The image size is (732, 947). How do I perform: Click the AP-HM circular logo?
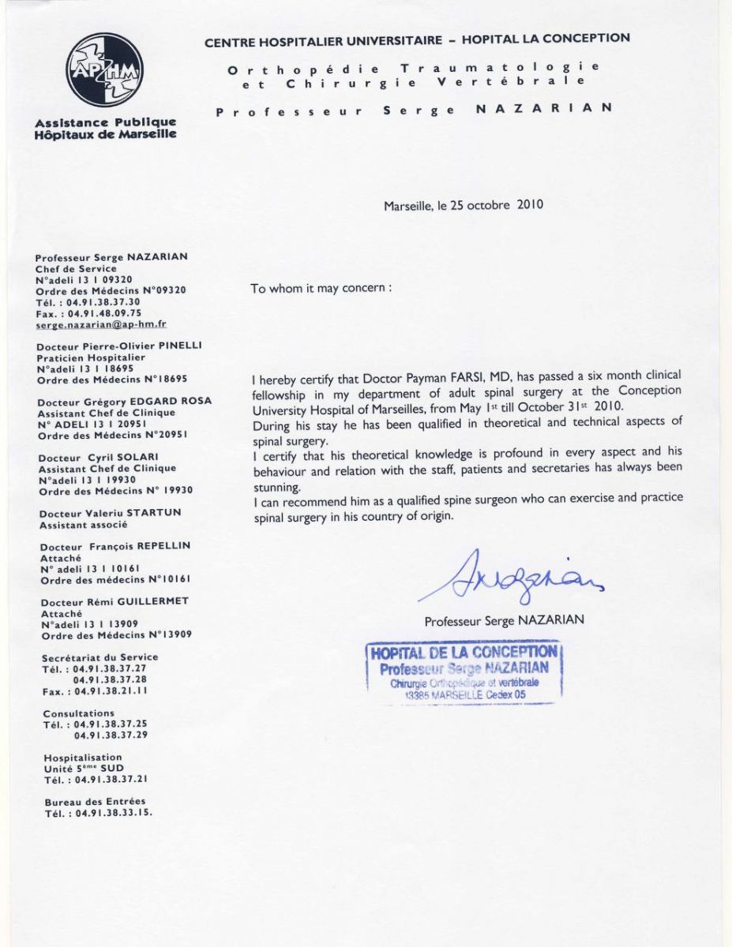click(x=104, y=69)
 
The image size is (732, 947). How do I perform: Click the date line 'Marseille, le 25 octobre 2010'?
click(x=464, y=205)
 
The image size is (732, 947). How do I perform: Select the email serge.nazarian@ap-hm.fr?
click(x=101, y=324)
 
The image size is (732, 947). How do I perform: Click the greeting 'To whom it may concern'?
click(x=321, y=288)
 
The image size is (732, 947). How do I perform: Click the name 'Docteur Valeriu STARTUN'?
click(x=111, y=513)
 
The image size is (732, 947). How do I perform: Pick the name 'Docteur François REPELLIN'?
click(x=115, y=546)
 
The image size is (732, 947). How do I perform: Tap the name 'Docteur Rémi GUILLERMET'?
click(x=116, y=601)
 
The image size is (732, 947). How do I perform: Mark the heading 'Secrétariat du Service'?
click(x=100, y=657)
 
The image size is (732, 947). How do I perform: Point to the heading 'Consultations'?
click(x=79, y=713)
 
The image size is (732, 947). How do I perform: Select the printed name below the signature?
click(x=505, y=620)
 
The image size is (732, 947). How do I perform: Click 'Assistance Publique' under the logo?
click(x=105, y=123)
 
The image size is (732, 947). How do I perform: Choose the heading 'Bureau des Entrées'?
click(x=95, y=801)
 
